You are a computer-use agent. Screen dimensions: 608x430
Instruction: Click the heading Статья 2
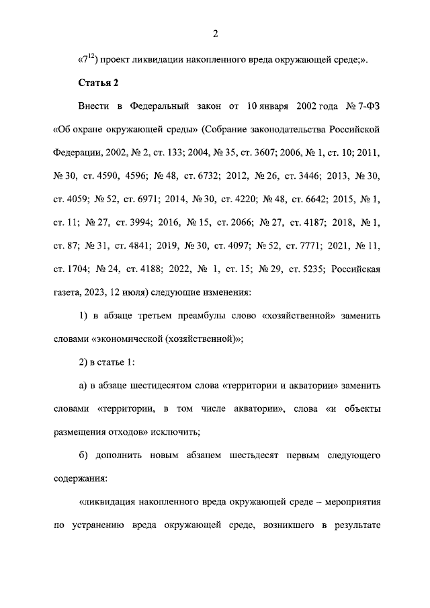coord(98,83)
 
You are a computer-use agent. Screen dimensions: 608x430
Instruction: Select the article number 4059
coord(71,200)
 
